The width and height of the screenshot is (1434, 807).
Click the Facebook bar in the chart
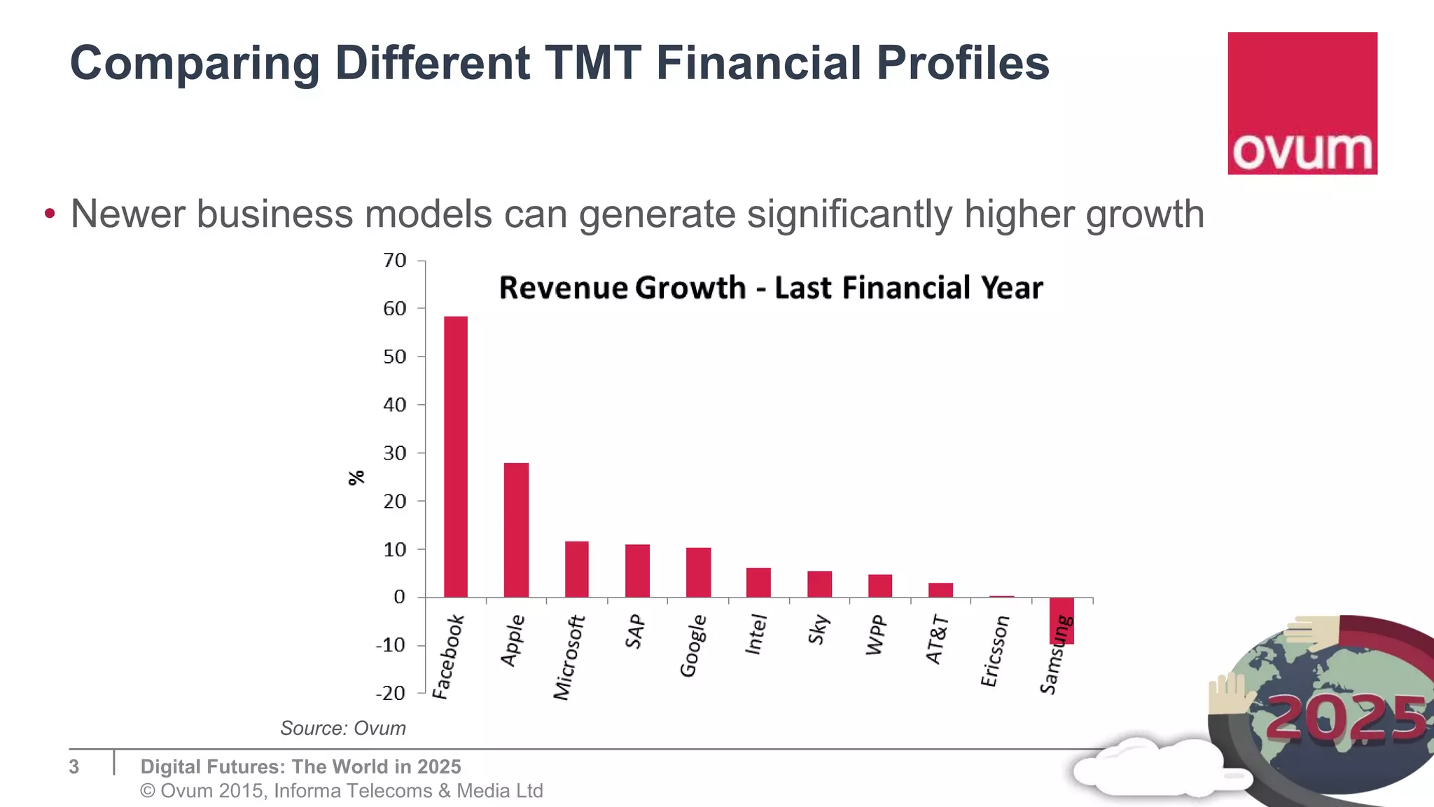(x=456, y=457)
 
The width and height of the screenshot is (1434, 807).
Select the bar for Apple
(x=516, y=530)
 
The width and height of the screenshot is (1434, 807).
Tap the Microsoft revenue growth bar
(x=576, y=569)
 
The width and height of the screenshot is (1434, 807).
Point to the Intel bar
(x=758, y=582)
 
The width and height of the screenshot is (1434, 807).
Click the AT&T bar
(x=940, y=590)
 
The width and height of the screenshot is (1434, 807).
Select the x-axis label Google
(x=693, y=646)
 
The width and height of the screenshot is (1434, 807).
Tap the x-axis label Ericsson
(x=994, y=651)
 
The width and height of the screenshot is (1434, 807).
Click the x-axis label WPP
(x=877, y=635)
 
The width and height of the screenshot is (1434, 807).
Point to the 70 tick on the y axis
(x=395, y=261)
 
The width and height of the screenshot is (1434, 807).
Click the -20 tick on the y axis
(x=391, y=693)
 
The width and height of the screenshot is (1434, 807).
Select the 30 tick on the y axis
(x=395, y=453)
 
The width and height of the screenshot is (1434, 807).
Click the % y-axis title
(x=356, y=478)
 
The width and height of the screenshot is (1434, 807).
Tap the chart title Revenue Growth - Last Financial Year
(x=770, y=288)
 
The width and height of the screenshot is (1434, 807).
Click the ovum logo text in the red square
(x=1302, y=152)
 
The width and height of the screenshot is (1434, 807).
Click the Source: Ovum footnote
(x=343, y=729)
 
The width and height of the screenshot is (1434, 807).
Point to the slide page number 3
(x=74, y=766)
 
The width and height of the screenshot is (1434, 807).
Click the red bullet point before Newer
(x=49, y=214)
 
